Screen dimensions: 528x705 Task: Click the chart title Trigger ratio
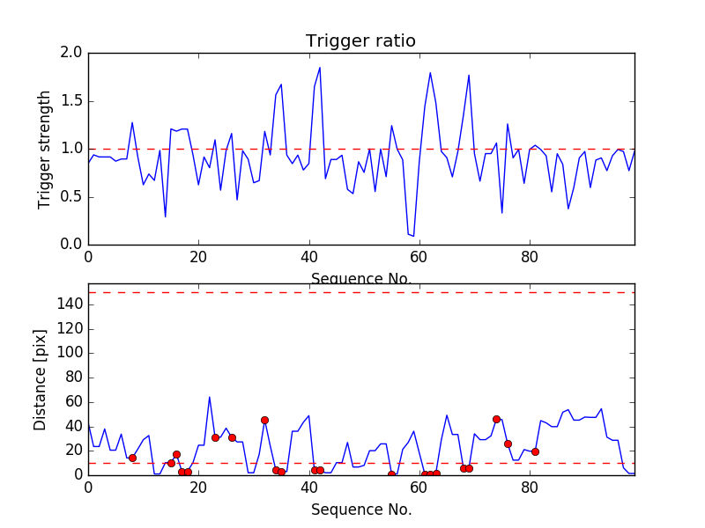pyautogui.click(x=360, y=41)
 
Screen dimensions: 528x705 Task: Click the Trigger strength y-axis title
pyautogui.click(x=45, y=149)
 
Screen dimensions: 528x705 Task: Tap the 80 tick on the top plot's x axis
pyautogui.click(x=530, y=258)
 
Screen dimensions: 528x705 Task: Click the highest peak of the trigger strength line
pyautogui.click(x=320, y=68)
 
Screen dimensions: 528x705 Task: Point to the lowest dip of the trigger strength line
pyautogui.click(x=413, y=236)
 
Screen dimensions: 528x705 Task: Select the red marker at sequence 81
pyautogui.click(x=535, y=451)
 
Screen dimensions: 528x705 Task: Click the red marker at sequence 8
pyautogui.click(x=132, y=458)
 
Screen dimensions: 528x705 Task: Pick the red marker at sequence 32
pyautogui.click(x=264, y=420)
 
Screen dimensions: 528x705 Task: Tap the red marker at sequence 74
pyautogui.click(x=496, y=419)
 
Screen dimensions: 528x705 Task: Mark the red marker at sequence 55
pyautogui.click(x=391, y=474)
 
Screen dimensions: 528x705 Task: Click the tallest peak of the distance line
pyautogui.click(x=210, y=397)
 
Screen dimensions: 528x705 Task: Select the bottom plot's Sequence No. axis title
pyautogui.click(x=360, y=510)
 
